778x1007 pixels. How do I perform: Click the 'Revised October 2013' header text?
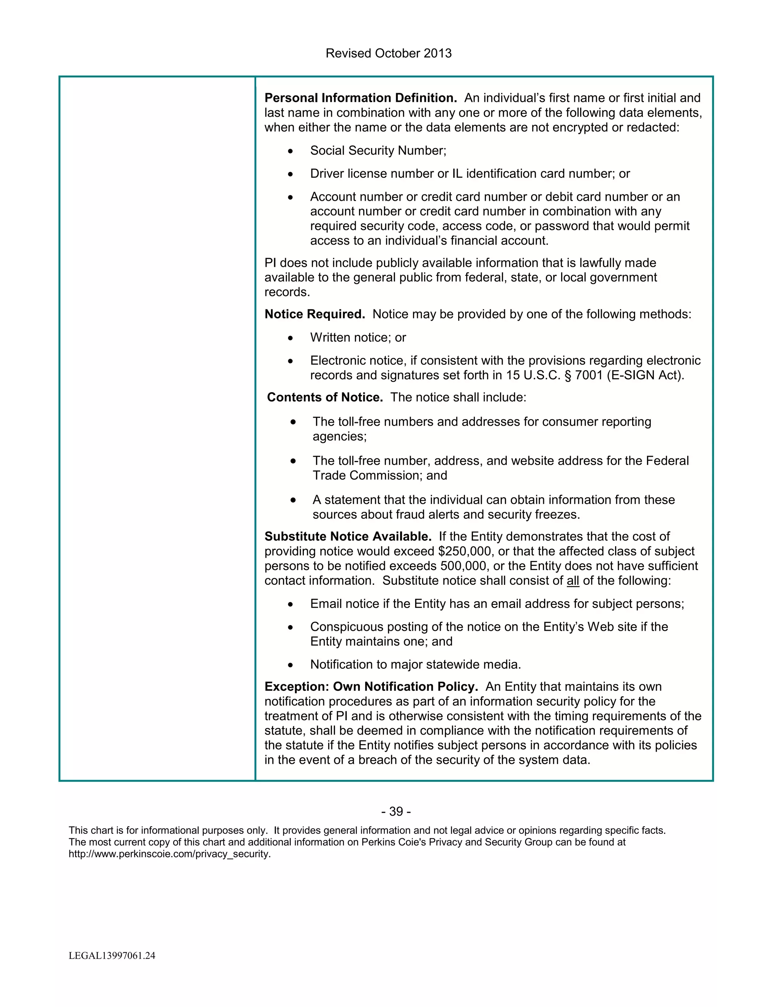(389, 54)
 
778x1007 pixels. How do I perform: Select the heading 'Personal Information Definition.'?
(361, 98)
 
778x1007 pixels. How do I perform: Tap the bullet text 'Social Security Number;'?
(378, 151)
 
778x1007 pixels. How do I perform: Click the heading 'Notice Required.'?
(314, 315)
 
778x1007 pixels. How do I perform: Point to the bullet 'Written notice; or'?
(357, 337)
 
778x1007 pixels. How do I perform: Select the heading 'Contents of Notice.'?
(325, 397)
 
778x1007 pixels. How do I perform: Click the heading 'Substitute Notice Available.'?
(348, 537)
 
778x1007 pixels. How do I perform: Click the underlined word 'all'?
(573, 581)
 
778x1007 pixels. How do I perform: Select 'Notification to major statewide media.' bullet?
(415, 665)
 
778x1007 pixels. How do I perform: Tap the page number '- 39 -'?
(396, 812)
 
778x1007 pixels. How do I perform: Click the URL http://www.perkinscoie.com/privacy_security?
(169, 854)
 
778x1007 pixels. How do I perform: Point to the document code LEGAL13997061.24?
(112, 956)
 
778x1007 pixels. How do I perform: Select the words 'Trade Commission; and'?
(380, 476)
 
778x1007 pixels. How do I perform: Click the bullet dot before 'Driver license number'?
(290, 174)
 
